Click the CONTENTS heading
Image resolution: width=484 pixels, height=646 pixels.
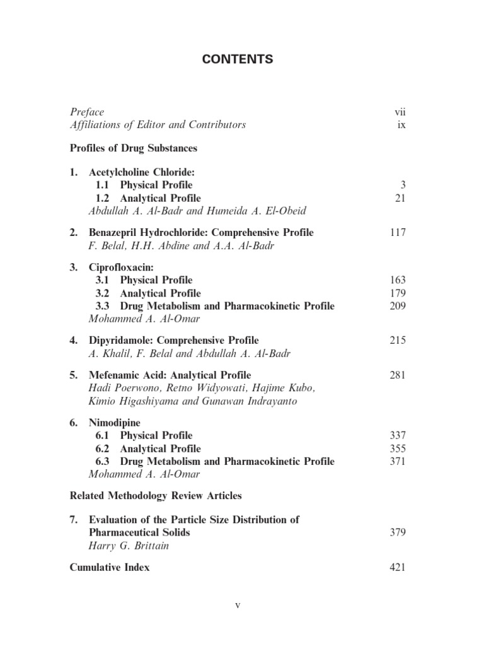[x=238, y=59]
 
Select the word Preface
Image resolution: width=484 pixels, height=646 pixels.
[x=87, y=112]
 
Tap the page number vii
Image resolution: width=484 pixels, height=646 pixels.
[x=400, y=112]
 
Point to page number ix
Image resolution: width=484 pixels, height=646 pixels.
[x=401, y=125]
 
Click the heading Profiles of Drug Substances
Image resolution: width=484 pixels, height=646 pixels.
[x=134, y=148]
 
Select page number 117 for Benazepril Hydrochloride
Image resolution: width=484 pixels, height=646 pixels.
[x=397, y=233]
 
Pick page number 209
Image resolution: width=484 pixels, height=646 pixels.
[x=397, y=307]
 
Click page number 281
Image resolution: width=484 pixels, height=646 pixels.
[x=397, y=375]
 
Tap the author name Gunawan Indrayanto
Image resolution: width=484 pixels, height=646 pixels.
[x=242, y=401]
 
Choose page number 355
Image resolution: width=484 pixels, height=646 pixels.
[x=397, y=449]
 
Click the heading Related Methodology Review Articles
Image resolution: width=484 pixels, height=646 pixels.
[x=156, y=496]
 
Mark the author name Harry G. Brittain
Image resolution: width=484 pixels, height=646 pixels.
[x=129, y=546]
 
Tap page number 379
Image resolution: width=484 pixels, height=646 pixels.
[x=397, y=533]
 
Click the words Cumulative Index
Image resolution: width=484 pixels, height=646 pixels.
[x=110, y=567]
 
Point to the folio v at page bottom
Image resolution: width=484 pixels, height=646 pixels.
[x=238, y=606]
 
